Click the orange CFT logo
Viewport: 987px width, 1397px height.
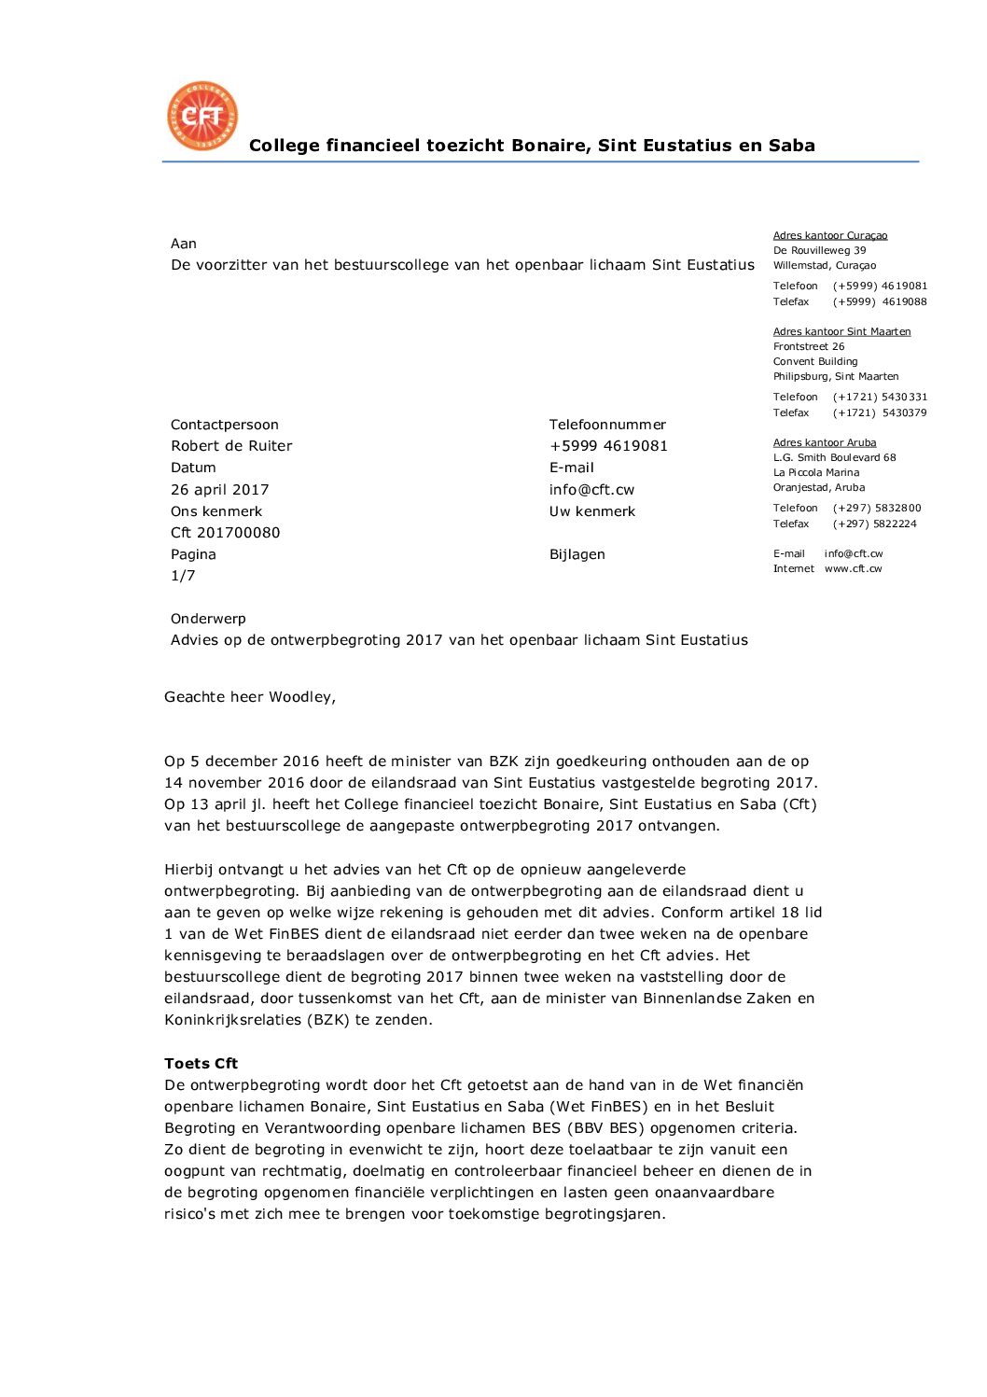pyautogui.click(x=202, y=116)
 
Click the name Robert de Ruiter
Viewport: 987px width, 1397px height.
pyautogui.click(x=231, y=446)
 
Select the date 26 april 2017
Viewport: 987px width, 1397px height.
pyautogui.click(x=219, y=490)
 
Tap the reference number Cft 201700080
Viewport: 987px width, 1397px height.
pyautogui.click(x=225, y=533)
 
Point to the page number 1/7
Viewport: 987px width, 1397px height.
pyautogui.click(x=183, y=576)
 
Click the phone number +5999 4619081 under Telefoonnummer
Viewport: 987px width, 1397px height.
pyautogui.click(x=608, y=446)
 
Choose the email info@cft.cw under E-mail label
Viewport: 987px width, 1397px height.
pyautogui.click(x=591, y=490)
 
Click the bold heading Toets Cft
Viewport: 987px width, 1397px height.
pyautogui.click(x=201, y=1064)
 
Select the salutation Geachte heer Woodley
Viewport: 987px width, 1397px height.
pyautogui.click(x=249, y=697)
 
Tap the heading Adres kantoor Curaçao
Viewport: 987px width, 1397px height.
pyautogui.click(x=829, y=236)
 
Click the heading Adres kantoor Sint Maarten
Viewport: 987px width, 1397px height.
pyautogui.click(x=841, y=331)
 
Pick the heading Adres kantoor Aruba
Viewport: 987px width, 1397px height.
pyautogui.click(x=824, y=442)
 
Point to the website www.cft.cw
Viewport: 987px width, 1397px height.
pyautogui.click(x=853, y=568)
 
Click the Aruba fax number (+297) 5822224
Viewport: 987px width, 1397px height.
pyautogui.click(x=874, y=524)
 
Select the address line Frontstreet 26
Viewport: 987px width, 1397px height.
pyautogui.click(x=808, y=346)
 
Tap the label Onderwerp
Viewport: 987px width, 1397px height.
pyautogui.click(x=208, y=619)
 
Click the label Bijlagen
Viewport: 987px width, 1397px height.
pyautogui.click(x=577, y=554)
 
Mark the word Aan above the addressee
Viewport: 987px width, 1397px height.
pyautogui.click(x=184, y=244)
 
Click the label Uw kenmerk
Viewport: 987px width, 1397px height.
pyautogui.click(x=591, y=511)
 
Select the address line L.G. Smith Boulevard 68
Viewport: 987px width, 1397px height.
pyautogui.click(x=834, y=457)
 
